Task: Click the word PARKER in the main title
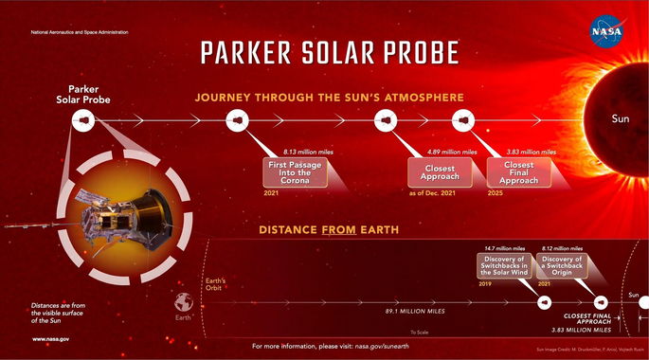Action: [x=251, y=52]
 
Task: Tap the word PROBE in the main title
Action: [x=415, y=52]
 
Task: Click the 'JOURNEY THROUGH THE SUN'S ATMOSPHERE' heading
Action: [x=329, y=97]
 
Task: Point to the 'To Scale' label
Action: [x=419, y=332]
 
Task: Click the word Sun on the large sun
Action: [x=620, y=120]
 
